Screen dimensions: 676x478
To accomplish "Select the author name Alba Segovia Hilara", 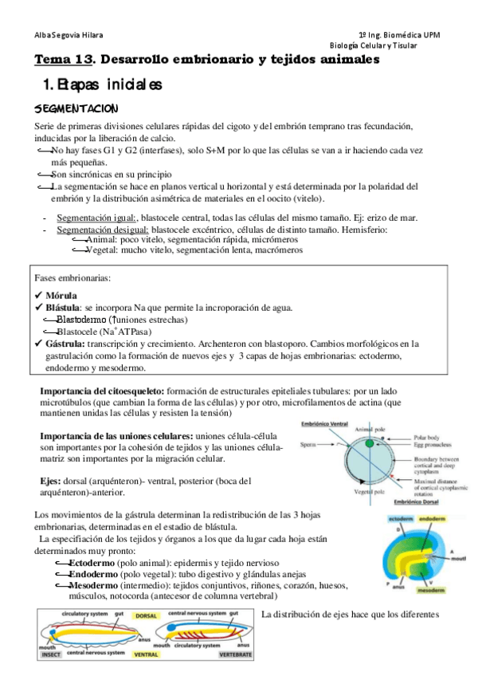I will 69,35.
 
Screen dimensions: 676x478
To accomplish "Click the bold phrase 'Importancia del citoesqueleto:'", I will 102,391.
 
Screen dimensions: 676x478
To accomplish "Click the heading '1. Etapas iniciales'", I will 102,83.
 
